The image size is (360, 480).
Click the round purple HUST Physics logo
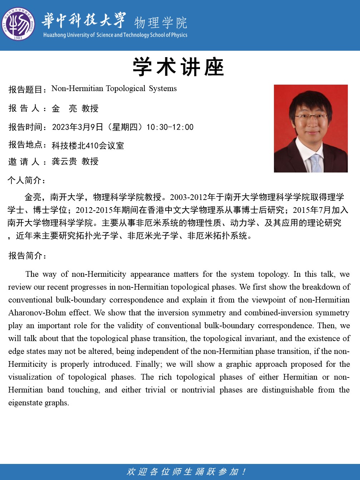click(x=18, y=24)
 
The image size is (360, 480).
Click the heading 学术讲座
click(x=178, y=67)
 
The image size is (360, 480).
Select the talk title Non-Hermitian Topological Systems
click(x=114, y=89)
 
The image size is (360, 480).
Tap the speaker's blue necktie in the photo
click(x=316, y=163)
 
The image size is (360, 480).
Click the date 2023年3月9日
click(x=77, y=127)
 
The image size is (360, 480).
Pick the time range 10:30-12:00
click(x=170, y=127)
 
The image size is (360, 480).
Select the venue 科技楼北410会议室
click(x=88, y=146)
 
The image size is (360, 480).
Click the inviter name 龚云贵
click(x=64, y=161)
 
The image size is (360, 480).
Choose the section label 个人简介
click(x=25, y=180)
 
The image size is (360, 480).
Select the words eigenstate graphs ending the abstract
click(x=38, y=403)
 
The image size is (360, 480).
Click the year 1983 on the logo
click(x=18, y=38)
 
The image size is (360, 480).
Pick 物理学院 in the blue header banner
click(x=161, y=22)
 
